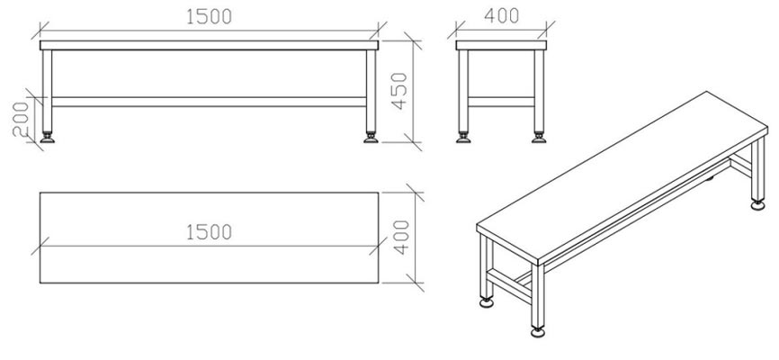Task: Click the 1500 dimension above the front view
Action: pyautogui.click(x=208, y=16)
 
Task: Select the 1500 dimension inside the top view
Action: pyautogui.click(x=208, y=232)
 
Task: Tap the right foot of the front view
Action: pyautogui.click(x=371, y=138)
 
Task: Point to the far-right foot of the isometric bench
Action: pyautogui.click(x=757, y=206)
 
